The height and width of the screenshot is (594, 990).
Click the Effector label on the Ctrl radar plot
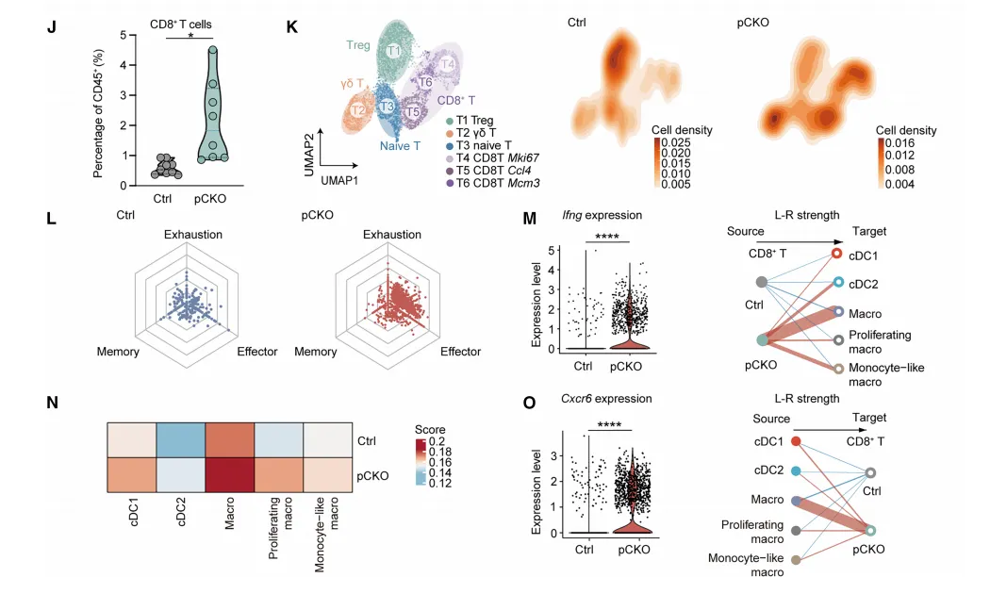click(x=256, y=352)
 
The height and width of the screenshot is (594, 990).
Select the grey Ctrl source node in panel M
click(x=762, y=281)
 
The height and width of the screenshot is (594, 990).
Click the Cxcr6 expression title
click(x=590, y=398)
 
